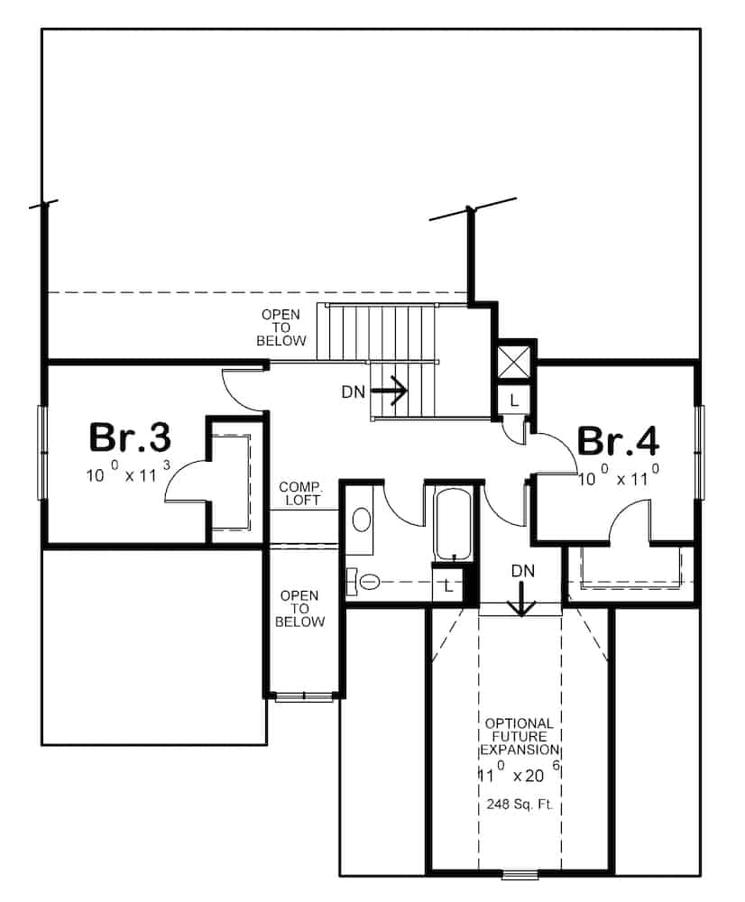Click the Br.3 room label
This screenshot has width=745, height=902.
pos(130,437)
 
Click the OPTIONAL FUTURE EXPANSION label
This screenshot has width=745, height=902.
pos(519,736)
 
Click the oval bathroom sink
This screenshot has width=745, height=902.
pos(362,520)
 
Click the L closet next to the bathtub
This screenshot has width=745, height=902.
pos(447,585)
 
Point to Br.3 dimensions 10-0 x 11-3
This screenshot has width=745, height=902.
pos(128,474)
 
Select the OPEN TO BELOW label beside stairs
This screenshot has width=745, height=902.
pos(281,327)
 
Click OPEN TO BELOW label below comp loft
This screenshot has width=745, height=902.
pos(300,609)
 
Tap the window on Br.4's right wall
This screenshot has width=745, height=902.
pos(700,452)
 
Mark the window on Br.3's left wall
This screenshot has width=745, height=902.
pos(41,451)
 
